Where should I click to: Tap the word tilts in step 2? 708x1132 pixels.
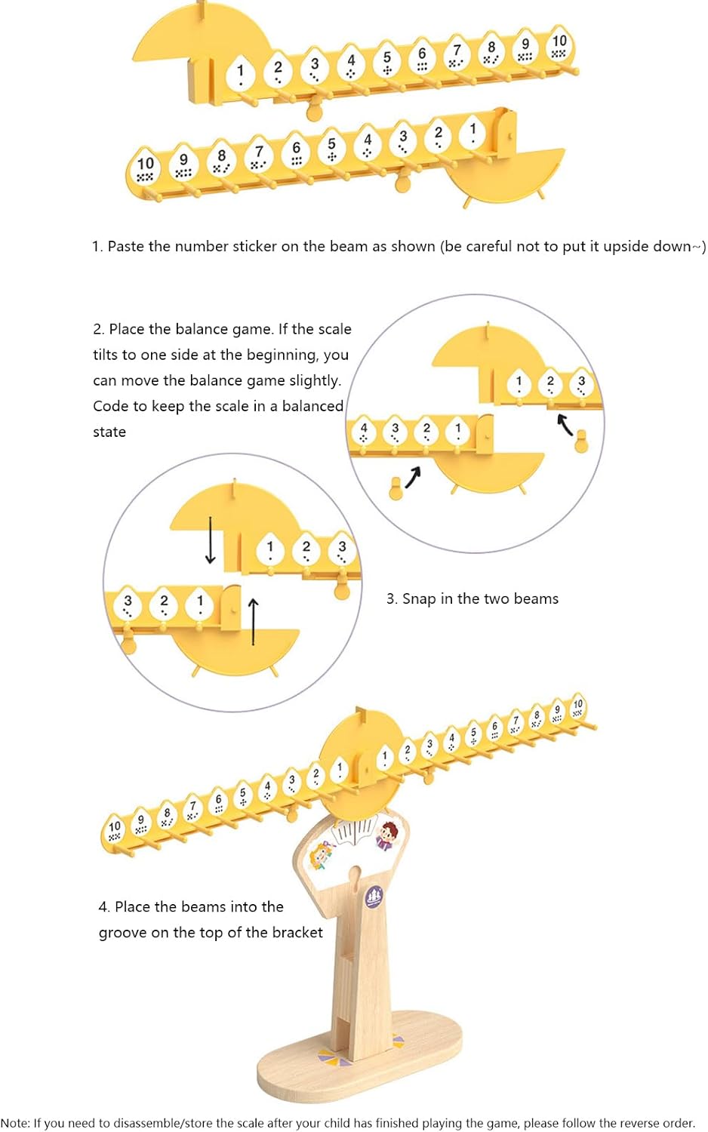[x=107, y=355]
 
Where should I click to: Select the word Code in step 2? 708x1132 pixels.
[x=108, y=406]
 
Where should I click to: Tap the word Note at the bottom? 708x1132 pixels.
[x=14, y=1123]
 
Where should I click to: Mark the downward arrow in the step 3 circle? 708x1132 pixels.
[x=211, y=540]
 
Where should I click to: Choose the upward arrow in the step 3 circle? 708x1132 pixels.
[x=253, y=622]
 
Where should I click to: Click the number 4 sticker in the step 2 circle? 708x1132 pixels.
[x=363, y=431]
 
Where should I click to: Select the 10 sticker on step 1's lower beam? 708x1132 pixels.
[x=145, y=166]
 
